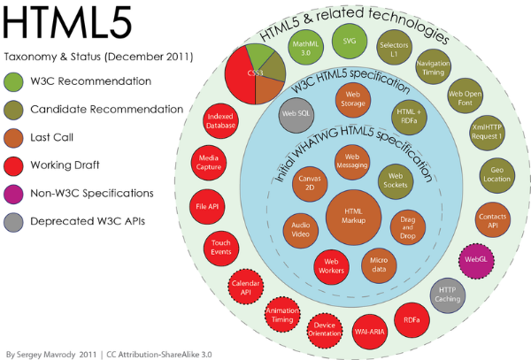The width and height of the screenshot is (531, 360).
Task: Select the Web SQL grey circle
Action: [296, 115]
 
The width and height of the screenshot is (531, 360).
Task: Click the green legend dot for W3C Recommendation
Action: [15, 81]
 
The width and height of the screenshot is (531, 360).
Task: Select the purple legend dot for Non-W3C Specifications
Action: [15, 192]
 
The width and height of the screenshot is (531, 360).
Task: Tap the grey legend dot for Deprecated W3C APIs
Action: [15, 219]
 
